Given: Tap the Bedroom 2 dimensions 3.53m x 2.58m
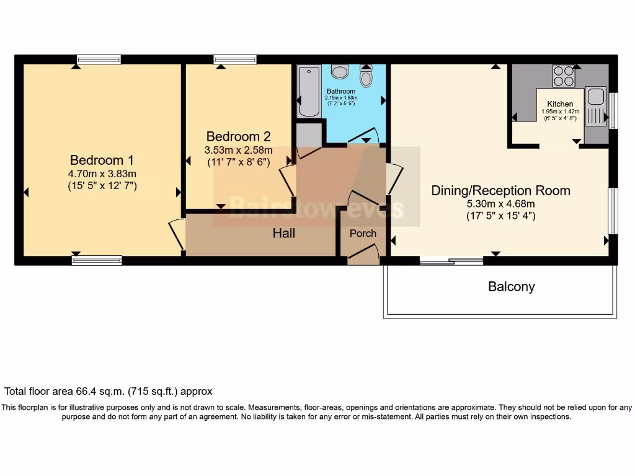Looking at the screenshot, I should tap(239, 150).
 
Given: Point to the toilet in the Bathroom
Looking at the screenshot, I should tap(366, 78).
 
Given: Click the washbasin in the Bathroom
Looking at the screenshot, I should tap(339, 72).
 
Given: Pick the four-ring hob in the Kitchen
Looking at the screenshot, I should tap(564, 76).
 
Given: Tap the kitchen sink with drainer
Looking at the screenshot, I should tap(596, 105).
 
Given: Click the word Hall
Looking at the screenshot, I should tap(284, 233).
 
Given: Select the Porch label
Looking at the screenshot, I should tap(363, 233).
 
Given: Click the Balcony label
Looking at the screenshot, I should tap(511, 286).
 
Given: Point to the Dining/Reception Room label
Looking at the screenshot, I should tap(500, 190).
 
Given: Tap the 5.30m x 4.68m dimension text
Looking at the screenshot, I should tap(500, 203).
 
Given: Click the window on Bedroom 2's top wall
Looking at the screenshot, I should tap(235, 59).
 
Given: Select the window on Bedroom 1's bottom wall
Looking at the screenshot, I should tap(97, 261).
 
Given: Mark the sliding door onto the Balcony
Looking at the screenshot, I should tap(451, 262).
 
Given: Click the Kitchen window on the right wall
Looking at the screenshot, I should tap(613, 110).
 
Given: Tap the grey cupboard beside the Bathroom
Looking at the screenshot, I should tap(309, 134).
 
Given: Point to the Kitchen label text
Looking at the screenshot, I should tap(559, 104).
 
